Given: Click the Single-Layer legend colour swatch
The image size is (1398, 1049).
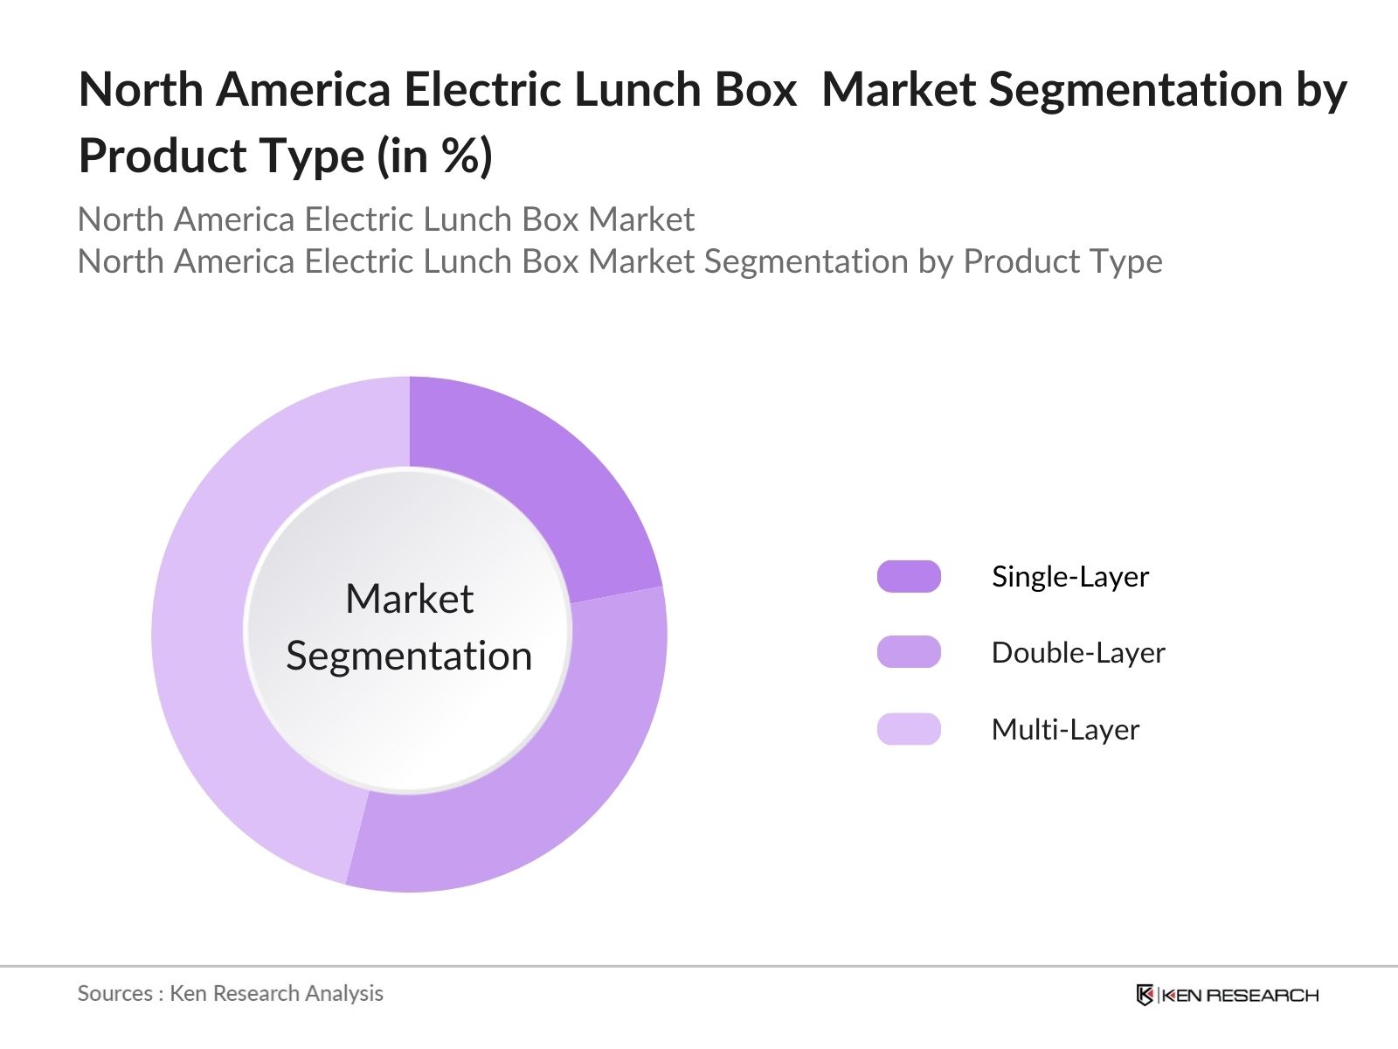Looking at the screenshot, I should pyautogui.click(x=909, y=577).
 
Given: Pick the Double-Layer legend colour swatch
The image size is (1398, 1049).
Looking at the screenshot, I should pyautogui.click(x=909, y=652).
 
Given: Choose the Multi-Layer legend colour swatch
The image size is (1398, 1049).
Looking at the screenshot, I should pyautogui.click(x=909, y=729).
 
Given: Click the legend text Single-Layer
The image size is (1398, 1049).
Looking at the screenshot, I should pyautogui.click(x=1070, y=577).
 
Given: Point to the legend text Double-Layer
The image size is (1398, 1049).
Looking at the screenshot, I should pyautogui.click(x=1078, y=653).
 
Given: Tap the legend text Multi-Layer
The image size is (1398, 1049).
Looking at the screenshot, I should pyautogui.click(x=1065, y=730).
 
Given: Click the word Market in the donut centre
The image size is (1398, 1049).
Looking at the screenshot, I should pyautogui.click(x=409, y=600).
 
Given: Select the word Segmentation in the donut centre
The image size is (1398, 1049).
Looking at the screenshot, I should pyautogui.click(x=409, y=656).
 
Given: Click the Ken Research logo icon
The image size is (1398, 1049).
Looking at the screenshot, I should pyautogui.click(x=1145, y=995).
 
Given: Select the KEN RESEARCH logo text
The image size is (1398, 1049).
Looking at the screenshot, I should pyautogui.click(x=1239, y=995).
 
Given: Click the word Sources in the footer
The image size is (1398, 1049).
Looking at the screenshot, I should pyautogui.click(x=115, y=994).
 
